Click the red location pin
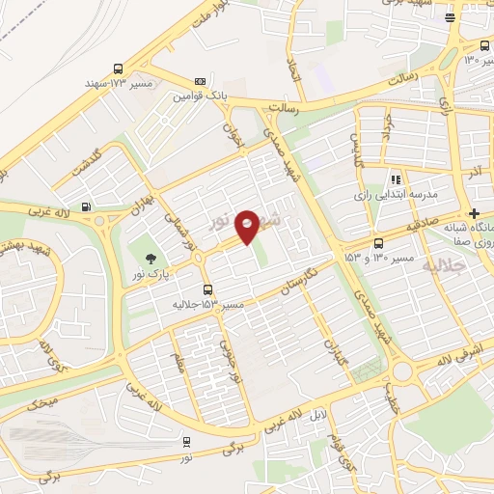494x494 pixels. point(247,226)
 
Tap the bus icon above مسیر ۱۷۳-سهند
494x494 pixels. point(118,69)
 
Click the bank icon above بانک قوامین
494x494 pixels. point(200,81)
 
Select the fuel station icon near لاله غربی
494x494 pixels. point(88,206)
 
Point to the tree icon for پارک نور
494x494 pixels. point(150,257)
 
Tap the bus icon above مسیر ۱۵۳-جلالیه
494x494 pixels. point(207,288)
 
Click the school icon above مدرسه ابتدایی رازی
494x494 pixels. point(396,178)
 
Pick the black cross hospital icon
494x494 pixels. point(473,213)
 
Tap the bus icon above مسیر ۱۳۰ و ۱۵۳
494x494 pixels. point(377,243)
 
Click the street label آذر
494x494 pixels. point(474,172)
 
